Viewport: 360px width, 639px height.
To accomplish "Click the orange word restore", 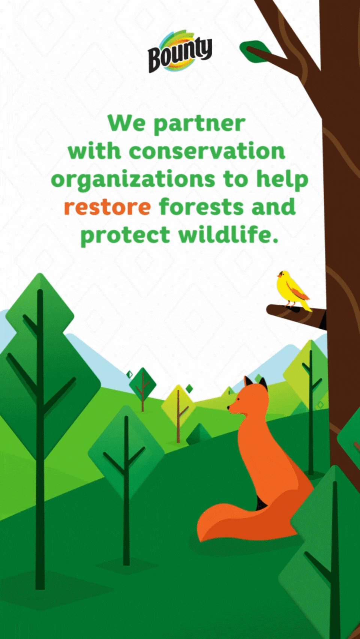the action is [107, 207].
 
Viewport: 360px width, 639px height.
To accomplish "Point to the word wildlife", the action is [228, 235].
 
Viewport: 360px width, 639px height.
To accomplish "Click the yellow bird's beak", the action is [279, 275].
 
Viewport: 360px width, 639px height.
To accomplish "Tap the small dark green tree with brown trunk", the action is [143, 385].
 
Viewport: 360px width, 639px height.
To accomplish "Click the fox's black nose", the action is [228, 408].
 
